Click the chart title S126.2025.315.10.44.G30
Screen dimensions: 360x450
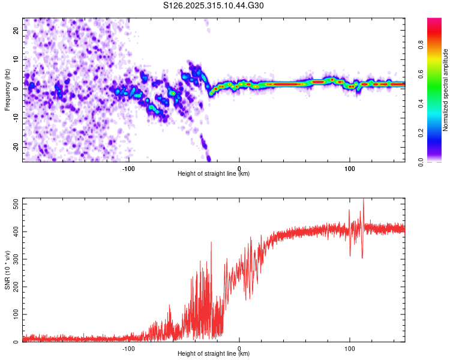(x=214, y=6)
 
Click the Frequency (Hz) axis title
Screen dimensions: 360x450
(x=7, y=89)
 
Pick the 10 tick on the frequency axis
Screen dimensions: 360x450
(x=16, y=59)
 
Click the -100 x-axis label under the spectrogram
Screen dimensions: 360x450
(x=128, y=169)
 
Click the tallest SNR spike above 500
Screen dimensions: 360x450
(x=363, y=200)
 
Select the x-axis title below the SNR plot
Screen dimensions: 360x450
(x=214, y=354)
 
